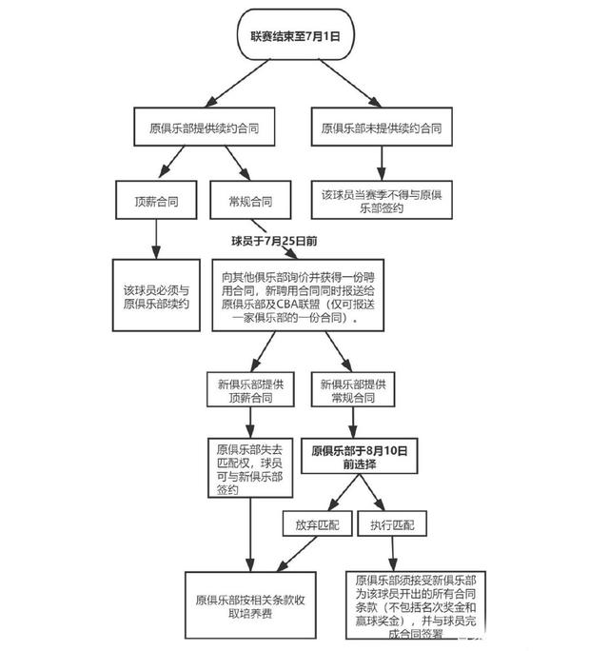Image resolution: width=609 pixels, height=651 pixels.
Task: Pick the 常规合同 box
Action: [x=250, y=202]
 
